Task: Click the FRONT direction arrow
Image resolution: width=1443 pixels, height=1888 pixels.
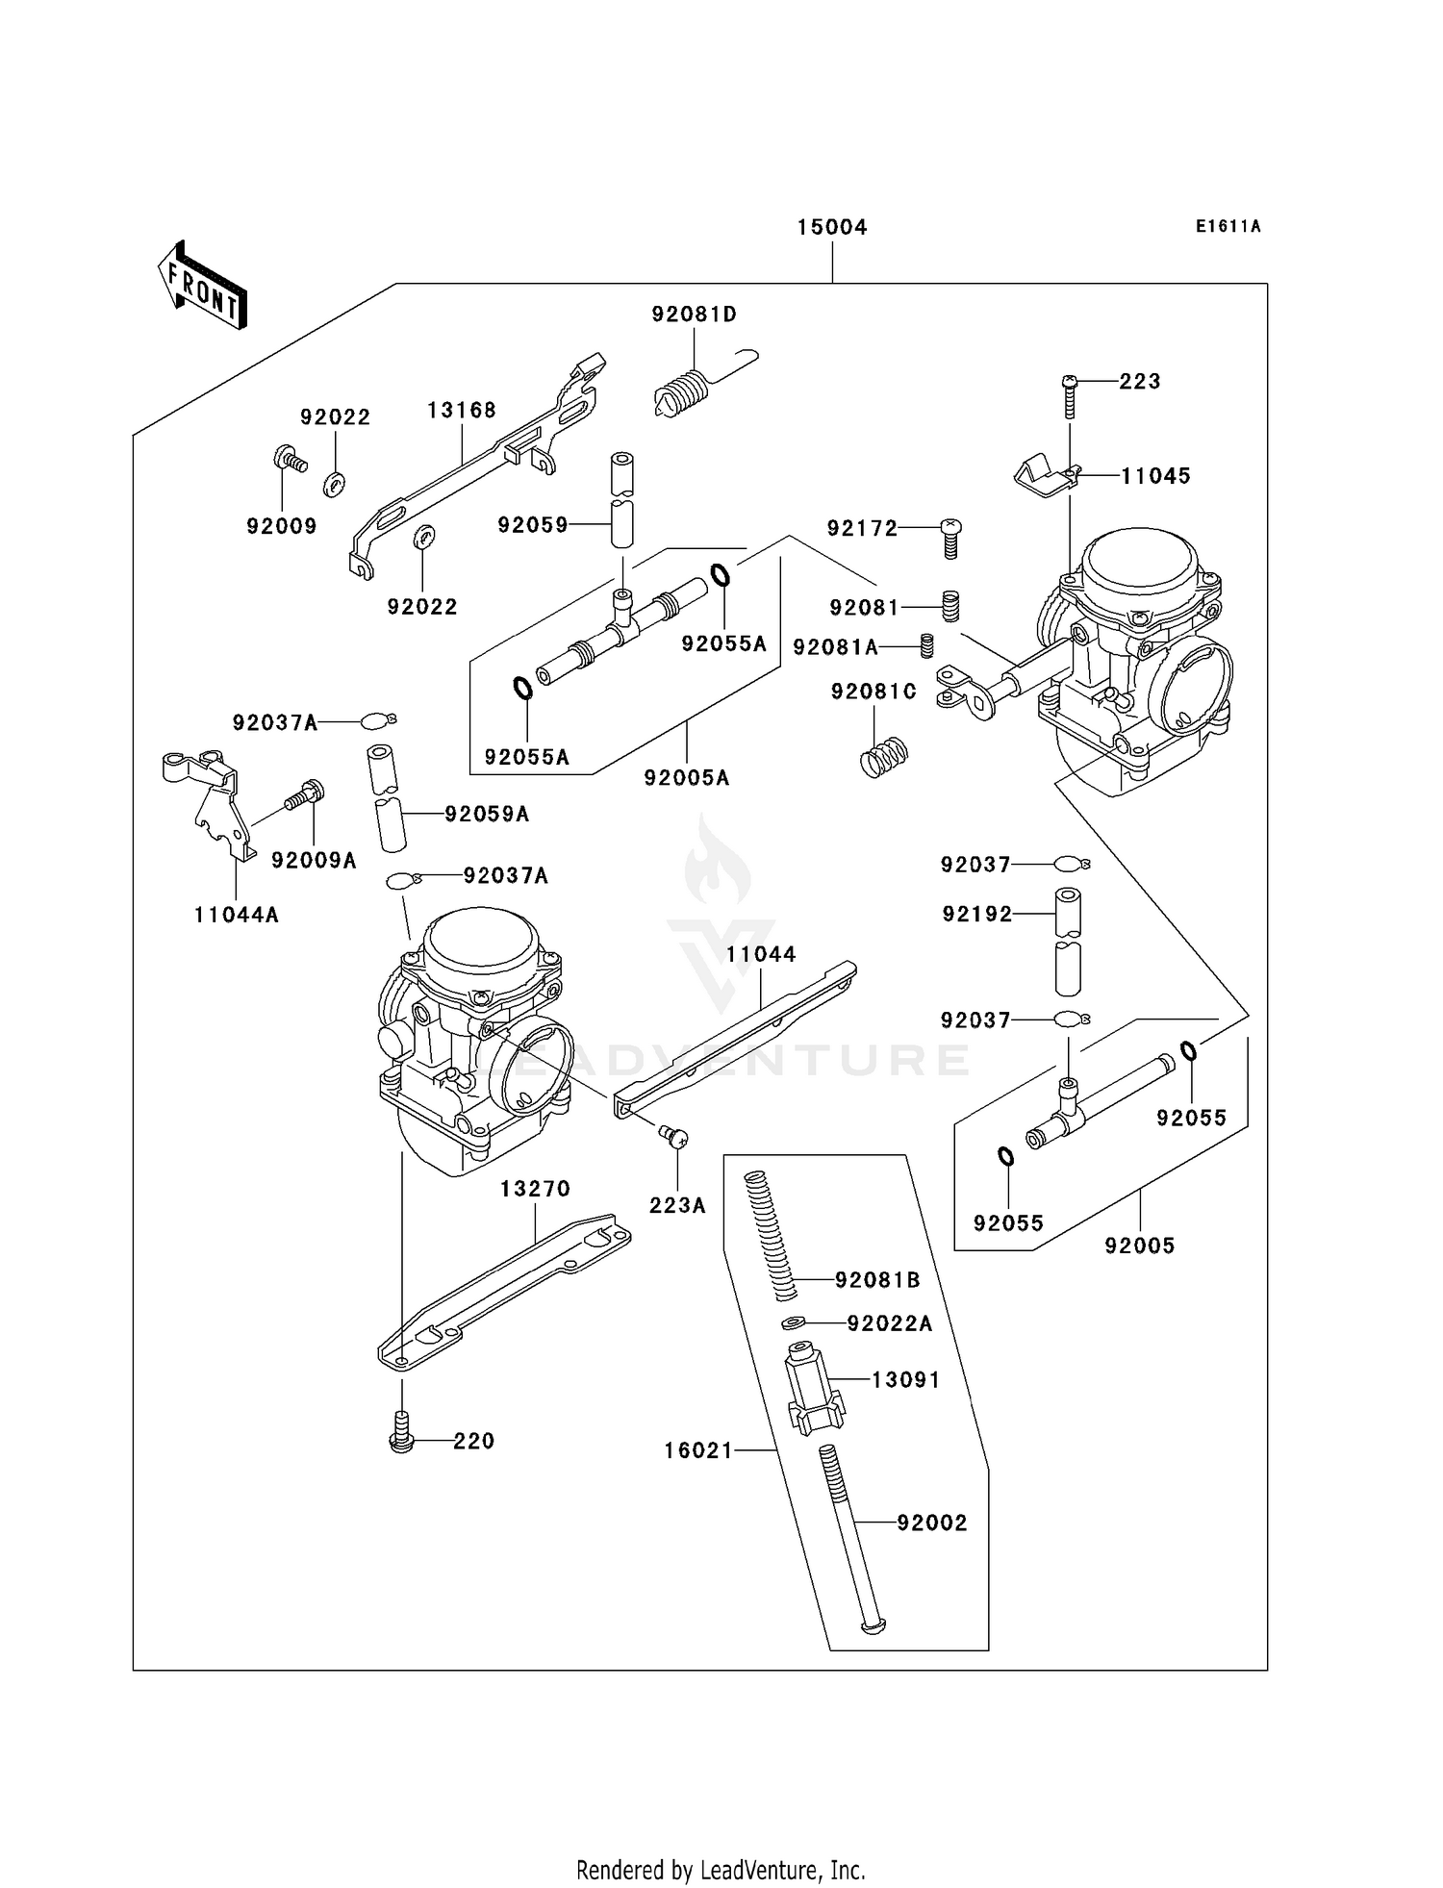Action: tap(203, 287)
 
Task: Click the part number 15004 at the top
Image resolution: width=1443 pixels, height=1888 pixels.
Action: tap(832, 227)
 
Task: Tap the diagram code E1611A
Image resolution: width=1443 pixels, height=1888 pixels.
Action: tap(1228, 227)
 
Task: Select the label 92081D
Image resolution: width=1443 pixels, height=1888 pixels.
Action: tap(694, 315)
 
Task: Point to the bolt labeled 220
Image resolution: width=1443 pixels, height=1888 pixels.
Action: tap(401, 1439)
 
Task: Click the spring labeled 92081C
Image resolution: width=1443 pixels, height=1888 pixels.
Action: tap(884, 756)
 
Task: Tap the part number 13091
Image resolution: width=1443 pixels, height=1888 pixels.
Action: tap(905, 1380)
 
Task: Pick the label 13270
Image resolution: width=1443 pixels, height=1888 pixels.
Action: tap(535, 1189)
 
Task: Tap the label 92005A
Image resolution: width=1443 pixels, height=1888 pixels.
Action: tap(687, 778)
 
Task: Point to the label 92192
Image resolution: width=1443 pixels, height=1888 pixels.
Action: tap(977, 915)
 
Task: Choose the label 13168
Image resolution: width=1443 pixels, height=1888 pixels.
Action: tap(462, 411)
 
